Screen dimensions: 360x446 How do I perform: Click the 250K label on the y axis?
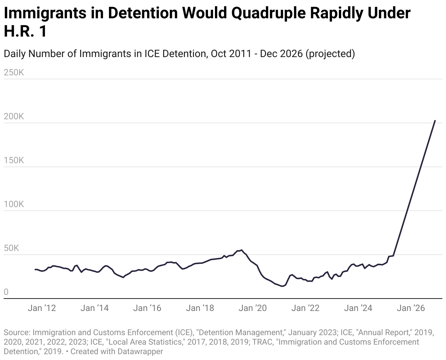tap(14, 72)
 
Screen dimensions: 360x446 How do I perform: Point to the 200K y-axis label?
tap(14, 116)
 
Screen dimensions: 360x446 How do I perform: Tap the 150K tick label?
tap(14, 160)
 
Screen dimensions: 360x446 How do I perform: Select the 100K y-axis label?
tap(14, 204)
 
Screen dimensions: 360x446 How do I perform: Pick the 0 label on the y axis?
tap(6, 292)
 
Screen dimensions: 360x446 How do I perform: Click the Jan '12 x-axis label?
tap(42, 308)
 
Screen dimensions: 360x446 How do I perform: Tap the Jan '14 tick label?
tap(95, 308)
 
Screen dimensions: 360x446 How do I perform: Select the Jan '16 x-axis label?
tap(147, 308)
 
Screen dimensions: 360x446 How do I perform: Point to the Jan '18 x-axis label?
tap(200, 308)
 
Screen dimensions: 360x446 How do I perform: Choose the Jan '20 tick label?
tap(253, 308)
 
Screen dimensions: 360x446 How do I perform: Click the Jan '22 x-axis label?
tap(305, 308)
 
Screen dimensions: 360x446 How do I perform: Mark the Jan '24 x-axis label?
tap(358, 308)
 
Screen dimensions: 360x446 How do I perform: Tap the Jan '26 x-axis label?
tap(411, 308)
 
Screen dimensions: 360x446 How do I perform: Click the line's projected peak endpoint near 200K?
tap(435, 120)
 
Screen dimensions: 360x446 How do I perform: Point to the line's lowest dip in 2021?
tap(282, 286)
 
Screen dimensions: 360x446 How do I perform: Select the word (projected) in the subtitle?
tap(330, 53)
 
